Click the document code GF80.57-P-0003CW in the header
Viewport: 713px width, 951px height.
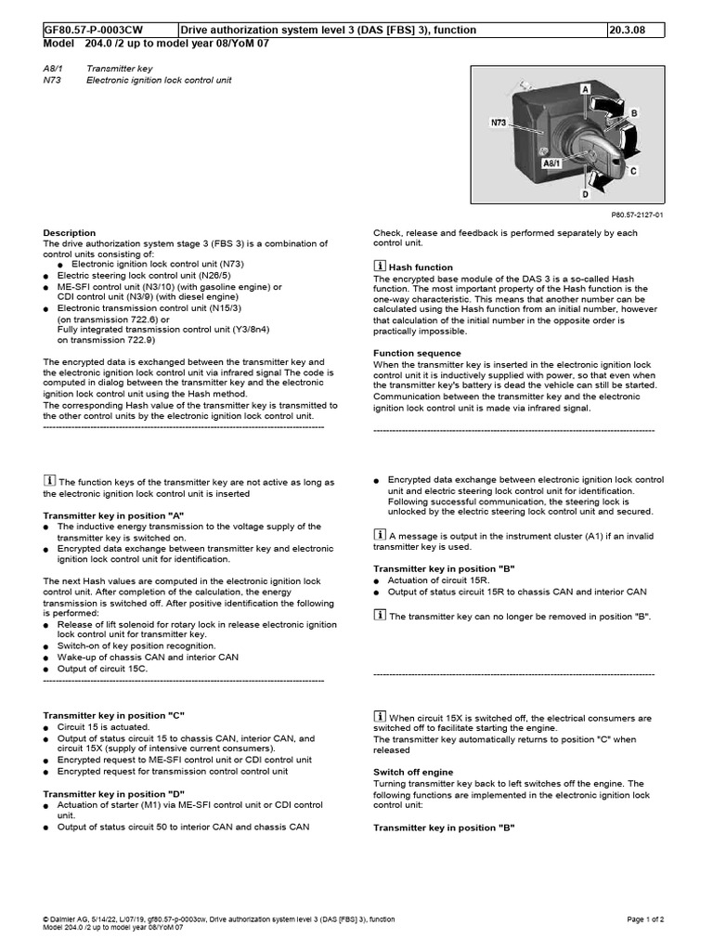(91, 30)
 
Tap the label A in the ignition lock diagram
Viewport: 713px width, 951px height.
(585, 88)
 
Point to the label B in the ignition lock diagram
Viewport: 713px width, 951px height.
(634, 111)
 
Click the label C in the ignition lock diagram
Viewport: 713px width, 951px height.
(633, 171)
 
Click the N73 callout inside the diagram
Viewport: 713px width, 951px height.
(499, 121)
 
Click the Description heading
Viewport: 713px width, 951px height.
(70, 233)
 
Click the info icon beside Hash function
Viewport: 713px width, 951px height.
(380, 267)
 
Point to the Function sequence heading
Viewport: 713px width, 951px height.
(417, 353)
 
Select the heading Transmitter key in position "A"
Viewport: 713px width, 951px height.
(114, 515)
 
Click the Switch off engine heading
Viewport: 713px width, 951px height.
(413, 772)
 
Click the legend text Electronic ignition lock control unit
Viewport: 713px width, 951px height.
(159, 81)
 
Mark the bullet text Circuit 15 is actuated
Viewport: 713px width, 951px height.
(97, 727)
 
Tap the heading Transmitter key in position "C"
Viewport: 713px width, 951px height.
(115, 715)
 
